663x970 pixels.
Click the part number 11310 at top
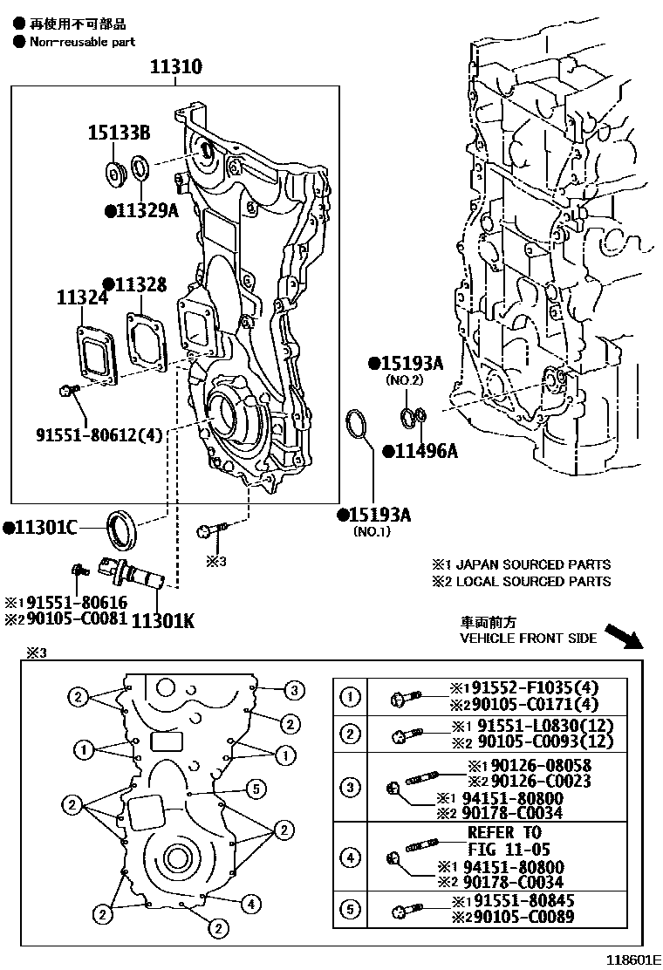coord(174,66)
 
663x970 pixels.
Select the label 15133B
coord(119,133)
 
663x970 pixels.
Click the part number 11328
coord(134,284)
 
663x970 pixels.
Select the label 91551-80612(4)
coord(99,434)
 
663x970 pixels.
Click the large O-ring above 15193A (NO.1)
coord(356,425)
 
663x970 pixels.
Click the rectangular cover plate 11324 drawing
coord(95,354)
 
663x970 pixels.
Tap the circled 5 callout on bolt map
coord(255,789)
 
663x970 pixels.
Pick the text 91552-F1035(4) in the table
coord(513,687)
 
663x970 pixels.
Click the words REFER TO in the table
coord(504,833)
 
